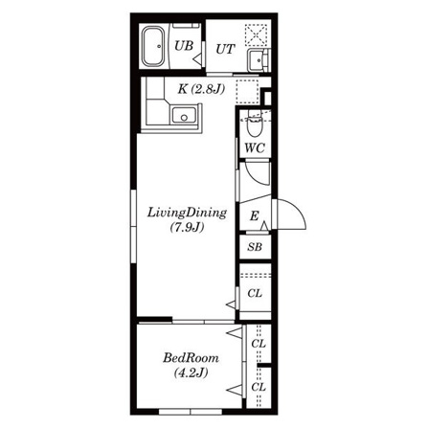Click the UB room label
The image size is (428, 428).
[x=184, y=46]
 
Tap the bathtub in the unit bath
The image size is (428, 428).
[x=153, y=46]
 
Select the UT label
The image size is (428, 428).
[x=225, y=49]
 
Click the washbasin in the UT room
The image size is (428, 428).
[x=258, y=60]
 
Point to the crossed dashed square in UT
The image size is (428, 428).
[x=256, y=35]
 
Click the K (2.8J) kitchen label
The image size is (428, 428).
[x=201, y=89]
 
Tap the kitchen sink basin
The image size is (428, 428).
[x=184, y=115]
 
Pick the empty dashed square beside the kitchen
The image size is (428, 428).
[x=247, y=91]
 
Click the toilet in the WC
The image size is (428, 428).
[x=255, y=124]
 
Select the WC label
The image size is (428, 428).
[x=255, y=148]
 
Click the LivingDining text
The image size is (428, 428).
[x=187, y=214]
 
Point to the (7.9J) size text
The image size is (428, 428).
[x=187, y=228]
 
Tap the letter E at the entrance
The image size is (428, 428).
[x=254, y=216]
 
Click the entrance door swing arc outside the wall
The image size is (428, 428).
[x=298, y=209]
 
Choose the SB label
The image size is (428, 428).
[x=255, y=247]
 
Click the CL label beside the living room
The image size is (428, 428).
[x=255, y=293]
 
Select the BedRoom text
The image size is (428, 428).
[x=191, y=358]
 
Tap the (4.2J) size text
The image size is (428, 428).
[x=191, y=372]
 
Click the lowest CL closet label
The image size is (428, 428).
[x=259, y=387]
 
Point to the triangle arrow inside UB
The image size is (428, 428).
[x=197, y=59]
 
